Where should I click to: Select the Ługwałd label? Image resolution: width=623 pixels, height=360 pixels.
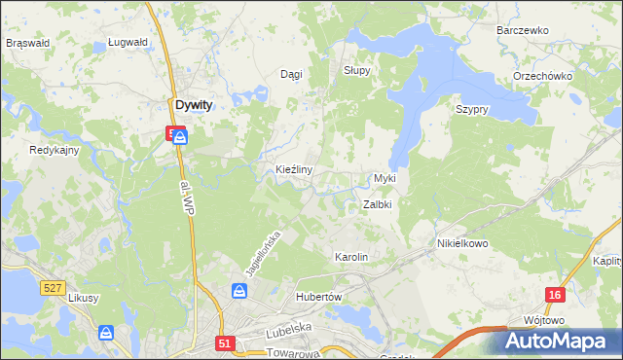tap(128, 43)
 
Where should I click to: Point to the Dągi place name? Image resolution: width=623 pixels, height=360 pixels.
tap(291, 74)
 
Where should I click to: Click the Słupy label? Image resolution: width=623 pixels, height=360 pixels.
tap(357, 71)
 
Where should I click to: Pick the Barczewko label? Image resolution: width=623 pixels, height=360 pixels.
tap(523, 30)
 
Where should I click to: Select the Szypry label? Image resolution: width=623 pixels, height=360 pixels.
tap(471, 109)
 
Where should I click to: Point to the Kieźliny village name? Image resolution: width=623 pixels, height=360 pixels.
tap(293, 169)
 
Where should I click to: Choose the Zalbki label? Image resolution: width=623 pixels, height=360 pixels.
tap(377, 205)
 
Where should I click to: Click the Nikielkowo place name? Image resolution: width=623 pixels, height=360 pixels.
tap(462, 243)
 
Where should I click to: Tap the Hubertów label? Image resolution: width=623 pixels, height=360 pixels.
tap(315, 297)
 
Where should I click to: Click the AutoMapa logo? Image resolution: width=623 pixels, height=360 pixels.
tap(559, 341)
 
